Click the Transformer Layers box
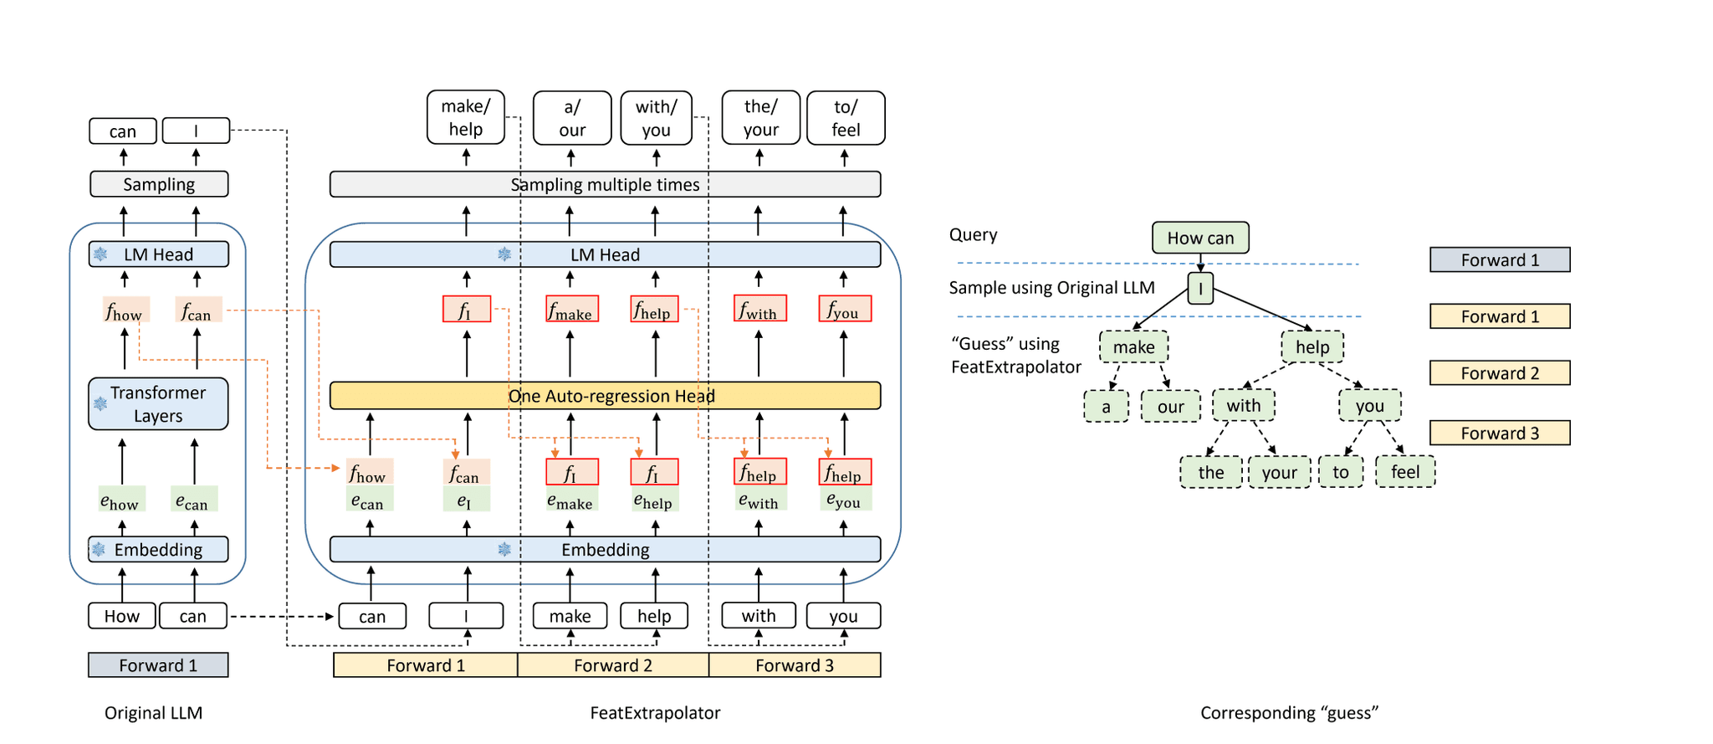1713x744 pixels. [x=158, y=404]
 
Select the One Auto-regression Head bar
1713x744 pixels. [x=605, y=396]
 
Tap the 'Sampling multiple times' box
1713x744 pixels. [x=605, y=184]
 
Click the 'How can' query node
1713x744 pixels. [x=1200, y=238]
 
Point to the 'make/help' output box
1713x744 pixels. [x=466, y=118]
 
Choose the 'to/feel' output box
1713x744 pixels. [x=846, y=118]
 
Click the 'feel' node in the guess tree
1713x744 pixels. [x=1405, y=472]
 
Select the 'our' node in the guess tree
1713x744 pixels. [x=1170, y=407]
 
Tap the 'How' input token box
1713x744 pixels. [x=122, y=616]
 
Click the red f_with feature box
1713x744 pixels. [x=759, y=309]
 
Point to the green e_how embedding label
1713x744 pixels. [x=122, y=500]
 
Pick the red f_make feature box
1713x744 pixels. [x=572, y=309]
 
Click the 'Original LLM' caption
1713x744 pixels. [x=153, y=713]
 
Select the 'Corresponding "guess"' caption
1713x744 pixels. [x=1289, y=713]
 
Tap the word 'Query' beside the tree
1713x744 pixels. [x=973, y=235]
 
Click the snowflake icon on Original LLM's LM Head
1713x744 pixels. [x=100, y=254]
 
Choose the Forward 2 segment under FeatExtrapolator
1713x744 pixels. [x=613, y=665]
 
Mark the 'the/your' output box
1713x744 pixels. [x=761, y=118]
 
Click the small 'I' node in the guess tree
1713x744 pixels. [x=1200, y=289]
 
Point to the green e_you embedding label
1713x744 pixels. [x=844, y=500]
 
